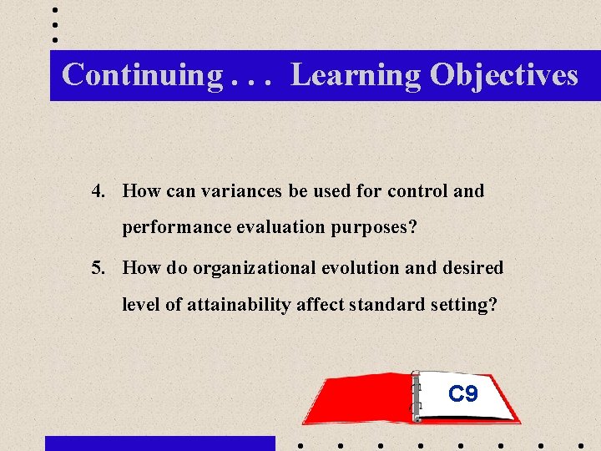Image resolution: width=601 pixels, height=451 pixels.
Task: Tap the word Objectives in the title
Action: click(503, 75)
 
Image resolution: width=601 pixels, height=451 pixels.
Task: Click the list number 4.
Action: click(99, 191)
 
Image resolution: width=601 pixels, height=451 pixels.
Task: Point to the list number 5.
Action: click(99, 268)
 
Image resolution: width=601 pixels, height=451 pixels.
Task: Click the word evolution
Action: click(354, 268)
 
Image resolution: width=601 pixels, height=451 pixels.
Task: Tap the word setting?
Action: click(465, 305)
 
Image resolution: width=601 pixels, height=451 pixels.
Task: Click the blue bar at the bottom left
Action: click(159, 443)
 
